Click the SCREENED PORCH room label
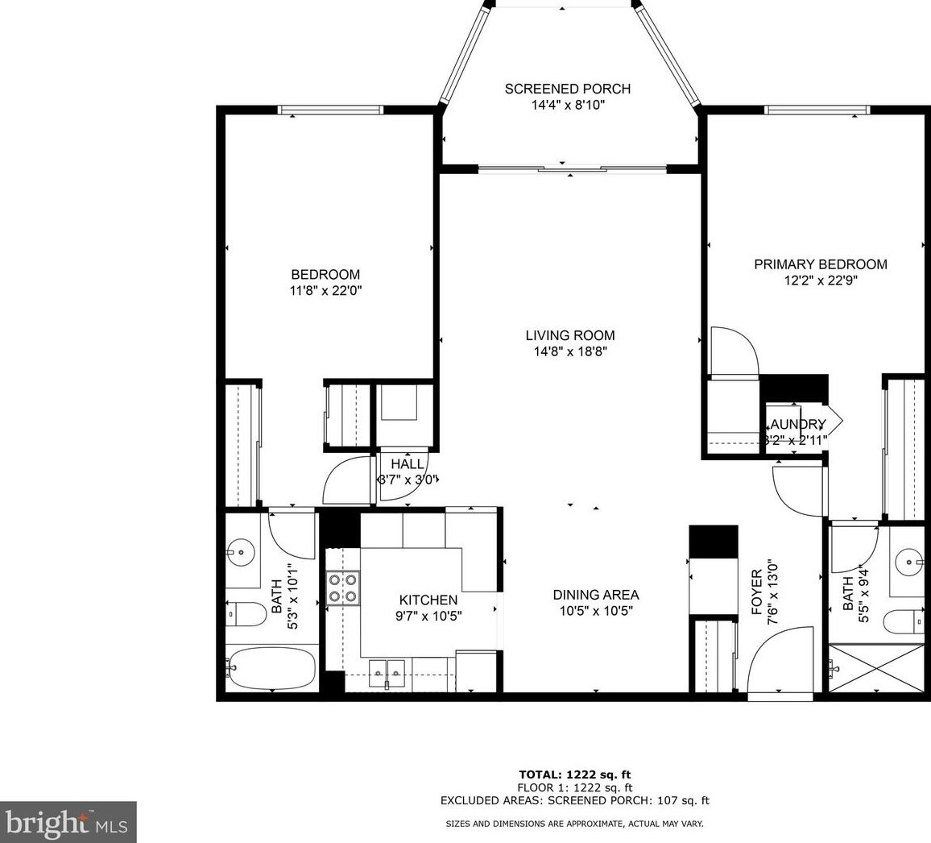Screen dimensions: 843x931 pyautogui.click(x=567, y=89)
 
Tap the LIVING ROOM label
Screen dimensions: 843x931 pyautogui.click(x=570, y=335)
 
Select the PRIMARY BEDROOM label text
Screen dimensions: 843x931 pyautogui.click(x=820, y=264)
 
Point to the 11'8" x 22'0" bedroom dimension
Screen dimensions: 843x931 pyautogui.click(x=325, y=292)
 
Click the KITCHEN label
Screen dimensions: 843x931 pyautogui.click(x=428, y=600)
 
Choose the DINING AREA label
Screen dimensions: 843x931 pyautogui.click(x=596, y=595)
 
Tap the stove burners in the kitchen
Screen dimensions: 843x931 pyautogui.click(x=343, y=588)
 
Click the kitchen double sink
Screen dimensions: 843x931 pyautogui.click(x=387, y=672)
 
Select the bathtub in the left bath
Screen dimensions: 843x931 pyautogui.click(x=271, y=668)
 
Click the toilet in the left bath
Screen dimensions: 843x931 pyautogui.click(x=246, y=616)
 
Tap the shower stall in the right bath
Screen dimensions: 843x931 pyautogui.click(x=875, y=668)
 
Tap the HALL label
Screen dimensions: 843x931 pyautogui.click(x=408, y=464)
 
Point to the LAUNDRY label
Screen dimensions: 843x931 pyautogui.click(x=797, y=425)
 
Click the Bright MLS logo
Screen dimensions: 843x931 pyautogui.click(x=68, y=822)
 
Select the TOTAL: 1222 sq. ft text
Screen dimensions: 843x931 pyautogui.click(x=574, y=774)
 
